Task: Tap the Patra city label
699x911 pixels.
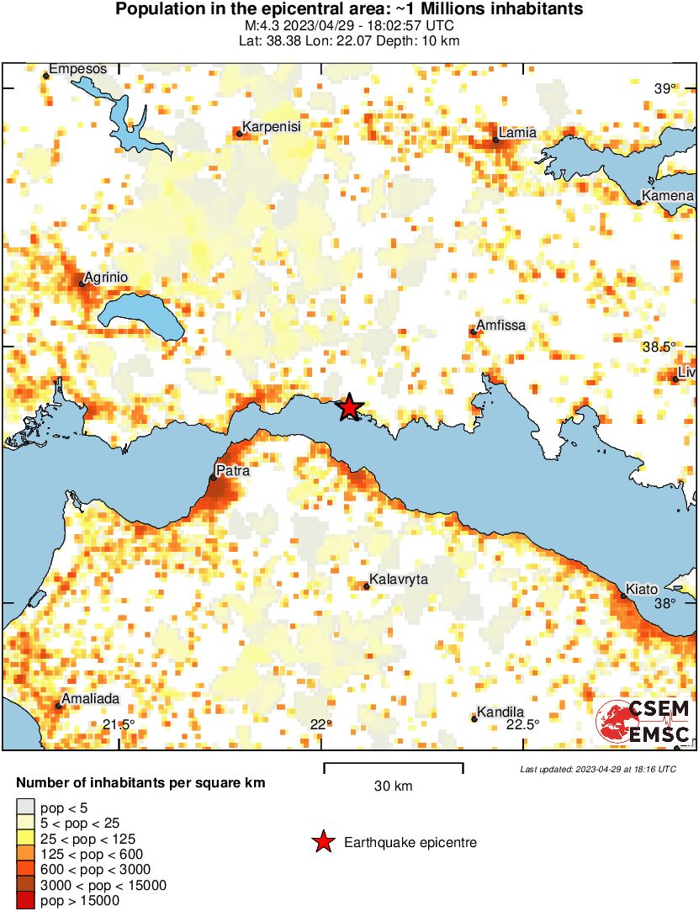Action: tap(232, 470)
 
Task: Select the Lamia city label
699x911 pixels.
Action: tap(517, 133)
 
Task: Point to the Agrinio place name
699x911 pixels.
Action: tap(107, 276)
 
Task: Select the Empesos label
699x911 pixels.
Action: tap(78, 69)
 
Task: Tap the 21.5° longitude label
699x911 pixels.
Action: tap(119, 724)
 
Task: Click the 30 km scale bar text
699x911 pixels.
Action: tap(393, 787)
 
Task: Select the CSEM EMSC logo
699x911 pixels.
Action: tap(644, 721)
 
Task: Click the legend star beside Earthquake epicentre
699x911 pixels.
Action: tap(322, 842)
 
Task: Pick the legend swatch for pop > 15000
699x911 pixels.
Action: tap(27, 901)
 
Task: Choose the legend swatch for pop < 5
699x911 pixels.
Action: tap(27, 808)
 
